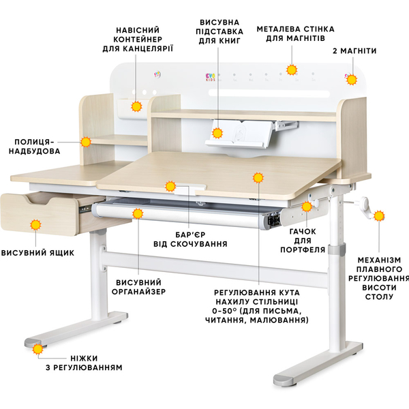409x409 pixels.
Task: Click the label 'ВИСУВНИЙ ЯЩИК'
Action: coord(37,253)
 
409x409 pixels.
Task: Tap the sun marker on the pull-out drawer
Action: coord(35,225)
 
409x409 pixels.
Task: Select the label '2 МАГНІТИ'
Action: coord(354,51)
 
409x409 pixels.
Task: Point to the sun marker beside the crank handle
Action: coord(379,216)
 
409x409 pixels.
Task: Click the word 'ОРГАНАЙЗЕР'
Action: coord(139,291)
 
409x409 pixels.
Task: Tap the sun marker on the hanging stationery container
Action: coord(136,106)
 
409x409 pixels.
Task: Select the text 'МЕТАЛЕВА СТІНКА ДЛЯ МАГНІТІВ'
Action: coord(296,33)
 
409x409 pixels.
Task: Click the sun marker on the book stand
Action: coord(217,133)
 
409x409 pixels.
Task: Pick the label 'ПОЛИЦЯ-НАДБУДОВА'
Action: coord(35,147)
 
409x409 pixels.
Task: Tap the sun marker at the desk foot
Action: coord(37,349)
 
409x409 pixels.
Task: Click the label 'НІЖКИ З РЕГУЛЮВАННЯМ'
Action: coord(84,363)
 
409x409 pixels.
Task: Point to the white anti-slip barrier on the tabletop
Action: coord(190,189)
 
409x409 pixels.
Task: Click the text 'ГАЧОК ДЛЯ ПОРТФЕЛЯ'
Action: coord(303,241)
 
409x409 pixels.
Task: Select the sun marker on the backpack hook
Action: coord(307,207)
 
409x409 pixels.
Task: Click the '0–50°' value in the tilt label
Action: coord(224,311)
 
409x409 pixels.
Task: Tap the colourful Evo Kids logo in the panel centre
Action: coord(210,77)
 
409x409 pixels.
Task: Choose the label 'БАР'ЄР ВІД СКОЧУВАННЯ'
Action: coord(190,239)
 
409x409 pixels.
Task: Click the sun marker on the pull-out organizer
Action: coord(138,213)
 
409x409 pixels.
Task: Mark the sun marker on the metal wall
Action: coord(292,70)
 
